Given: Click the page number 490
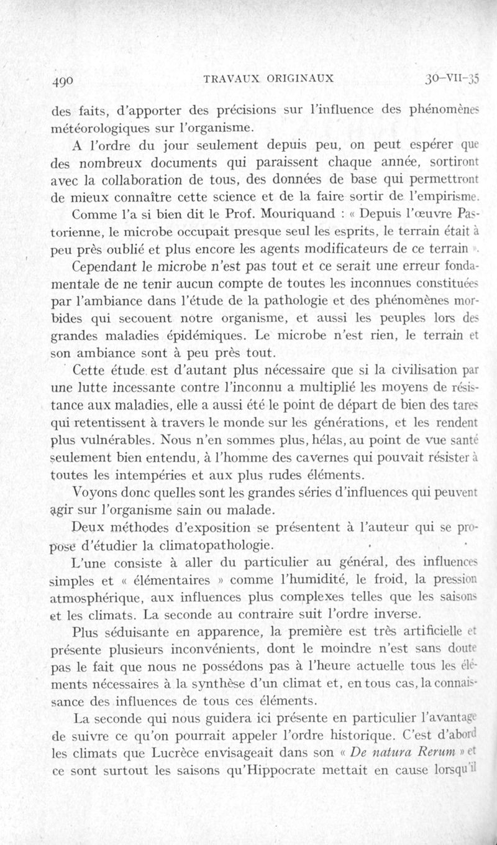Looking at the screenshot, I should pyautogui.click(x=64, y=80).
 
